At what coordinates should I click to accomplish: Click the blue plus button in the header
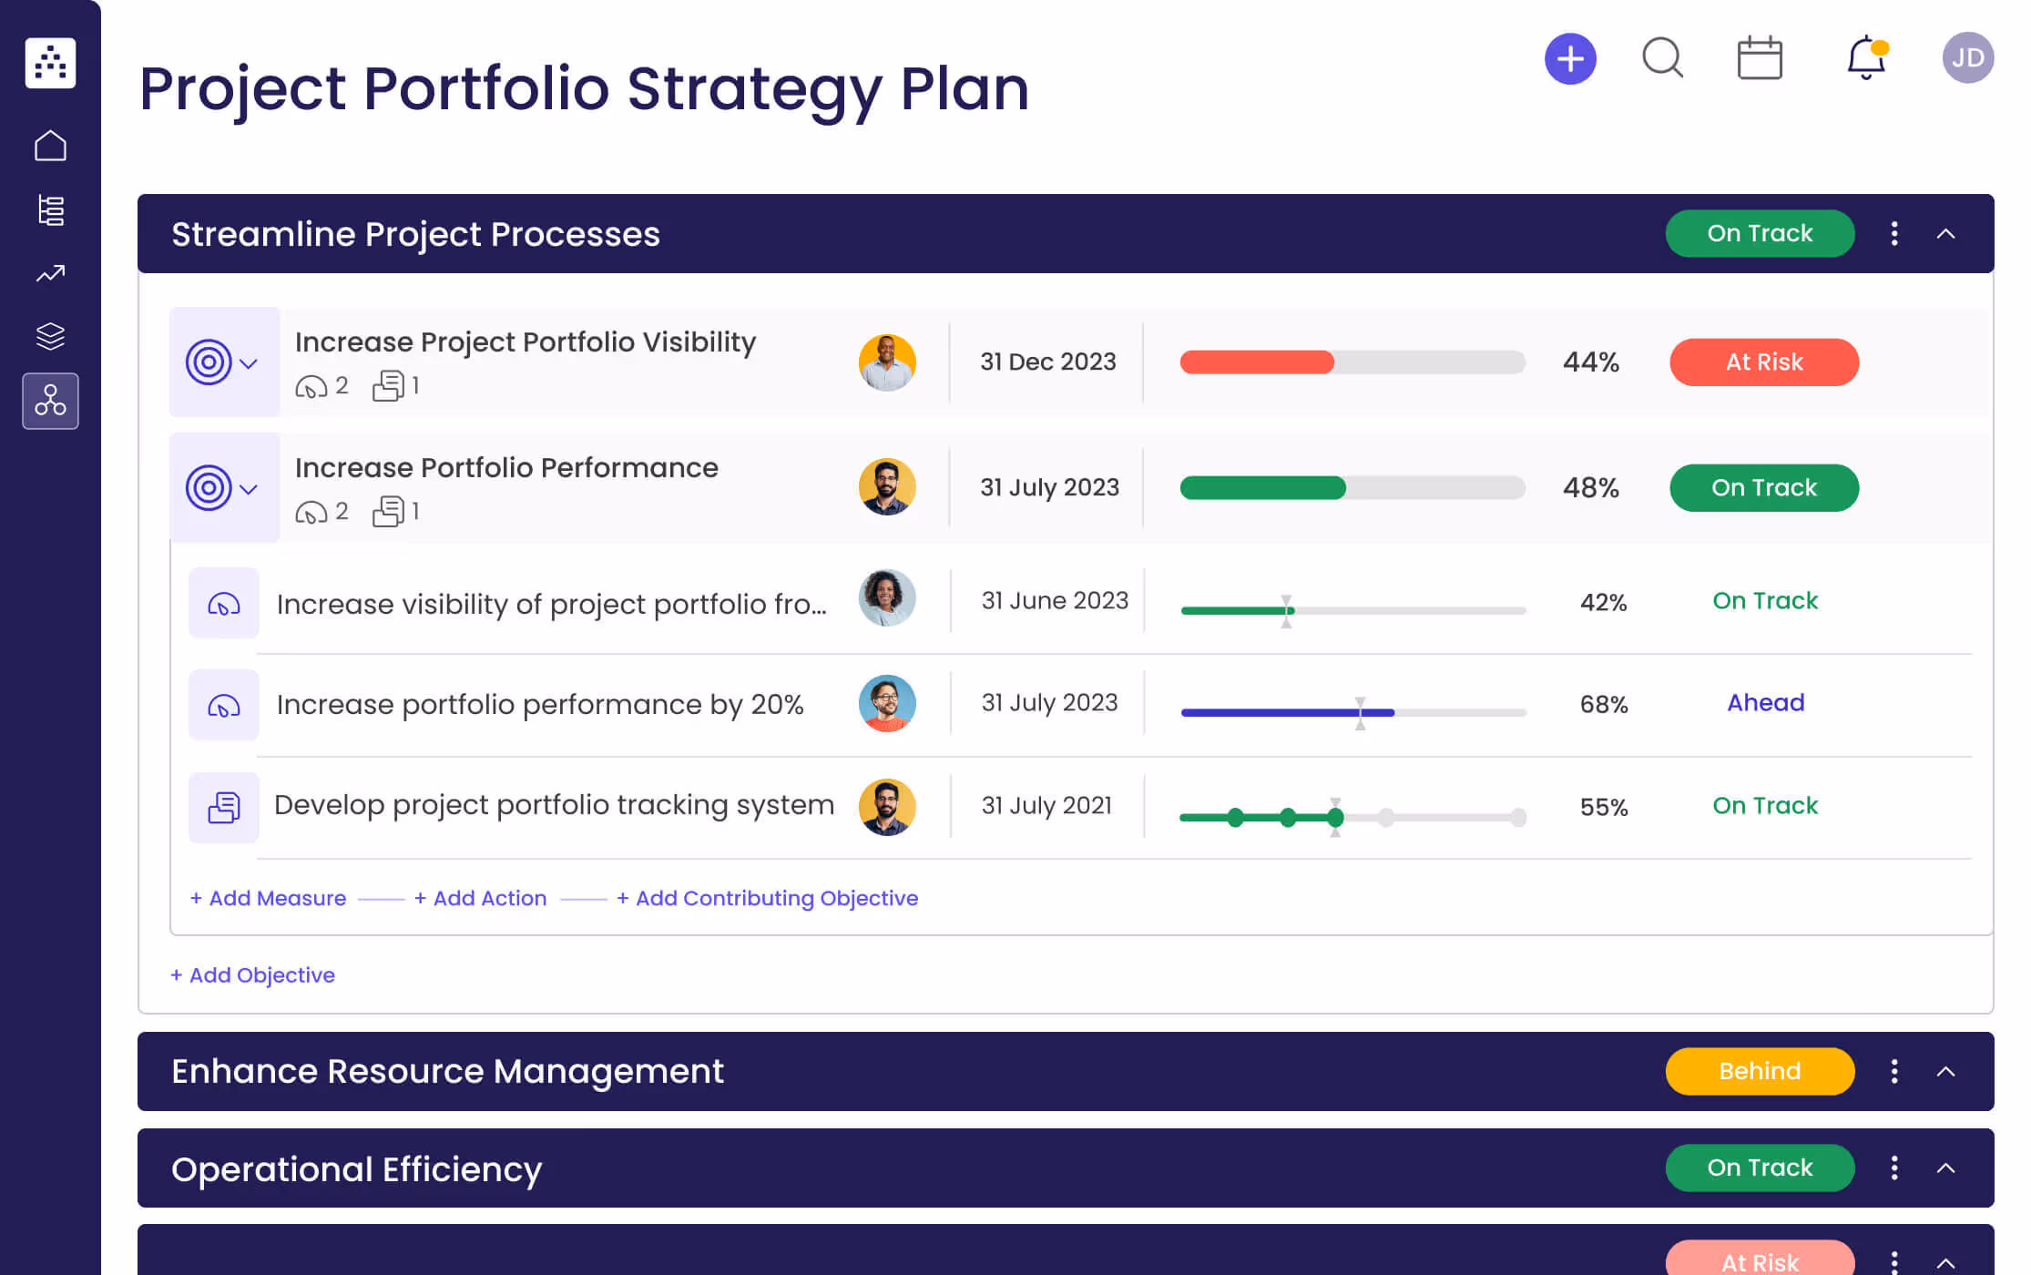point(1570,59)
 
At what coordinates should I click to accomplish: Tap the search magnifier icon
point(1662,58)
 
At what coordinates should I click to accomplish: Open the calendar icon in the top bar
point(1759,59)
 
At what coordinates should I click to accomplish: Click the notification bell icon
point(1865,58)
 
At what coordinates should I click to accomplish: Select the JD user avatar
point(1967,58)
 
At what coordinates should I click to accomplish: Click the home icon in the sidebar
point(50,146)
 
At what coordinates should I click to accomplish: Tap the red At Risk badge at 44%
point(1763,362)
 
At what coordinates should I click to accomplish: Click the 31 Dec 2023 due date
point(1047,362)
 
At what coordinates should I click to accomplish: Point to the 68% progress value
point(1603,704)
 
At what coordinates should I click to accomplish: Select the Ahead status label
point(1765,703)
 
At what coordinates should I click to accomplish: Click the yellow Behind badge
point(1759,1071)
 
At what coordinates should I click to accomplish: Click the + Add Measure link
point(268,898)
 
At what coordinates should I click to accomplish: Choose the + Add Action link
point(480,898)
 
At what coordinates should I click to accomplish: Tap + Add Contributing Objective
point(767,898)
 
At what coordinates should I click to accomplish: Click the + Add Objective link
point(252,975)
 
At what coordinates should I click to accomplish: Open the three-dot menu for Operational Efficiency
point(1894,1168)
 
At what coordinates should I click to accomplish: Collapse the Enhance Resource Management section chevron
point(1945,1071)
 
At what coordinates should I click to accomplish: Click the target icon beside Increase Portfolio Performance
point(209,488)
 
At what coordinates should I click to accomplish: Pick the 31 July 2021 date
point(1046,806)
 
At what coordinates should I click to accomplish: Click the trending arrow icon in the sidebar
point(50,273)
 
